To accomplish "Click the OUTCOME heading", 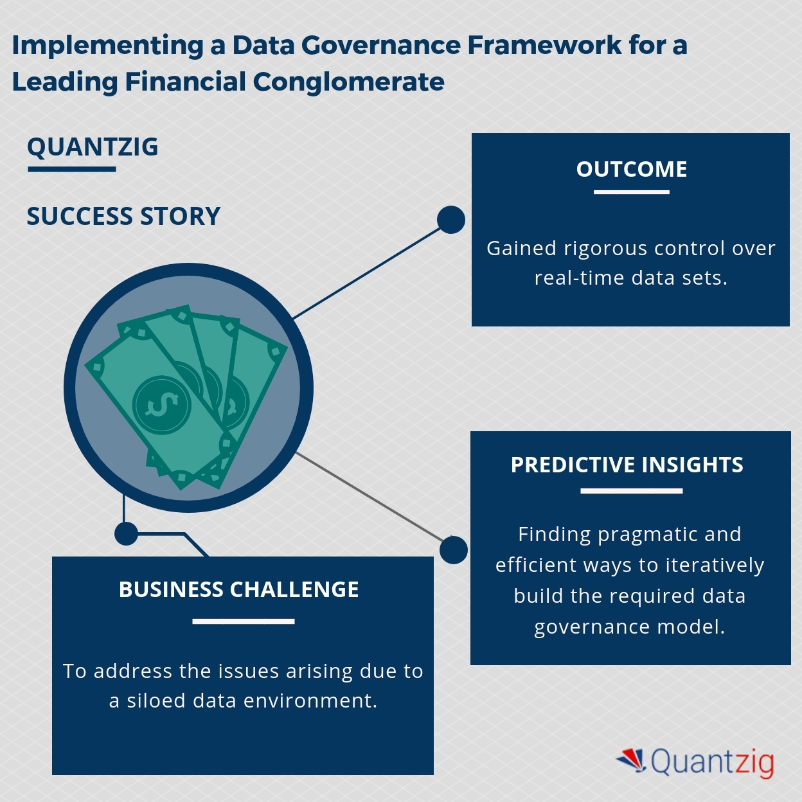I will point(631,169).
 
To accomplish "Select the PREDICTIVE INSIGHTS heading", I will point(627,465).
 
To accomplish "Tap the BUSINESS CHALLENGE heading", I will point(238,589).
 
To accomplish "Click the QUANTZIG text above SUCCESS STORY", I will point(93,147).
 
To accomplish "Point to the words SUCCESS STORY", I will point(123,217).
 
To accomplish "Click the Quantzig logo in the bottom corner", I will point(695,762).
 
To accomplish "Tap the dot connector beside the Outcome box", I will point(451,220).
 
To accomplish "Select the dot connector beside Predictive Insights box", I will point(454,550).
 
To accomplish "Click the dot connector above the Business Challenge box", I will point(126,533).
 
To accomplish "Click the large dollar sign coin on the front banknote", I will point(161,405).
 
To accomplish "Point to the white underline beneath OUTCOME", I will point(631,192).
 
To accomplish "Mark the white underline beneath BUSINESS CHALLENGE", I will point(243,621).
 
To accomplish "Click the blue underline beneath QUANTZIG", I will point(71,170).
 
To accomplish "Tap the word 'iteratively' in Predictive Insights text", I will point(715,566).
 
